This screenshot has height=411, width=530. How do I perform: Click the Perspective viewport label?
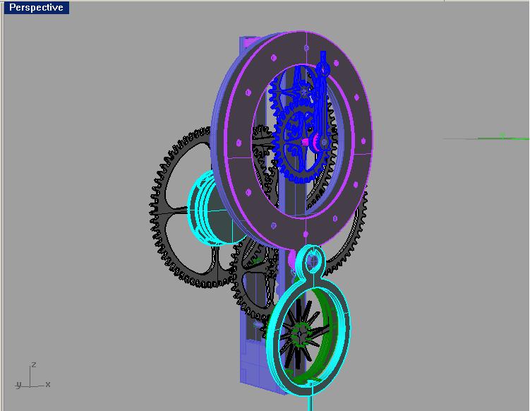[x=35, y=8]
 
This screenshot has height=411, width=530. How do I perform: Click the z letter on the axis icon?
[x=34, y=365]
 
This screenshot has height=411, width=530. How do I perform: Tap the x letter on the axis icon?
[x=47, y=384]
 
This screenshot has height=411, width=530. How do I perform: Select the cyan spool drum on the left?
[x=209, y=209]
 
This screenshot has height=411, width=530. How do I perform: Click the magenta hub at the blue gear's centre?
[x=306, y=141]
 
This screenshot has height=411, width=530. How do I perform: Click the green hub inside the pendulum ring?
[x=302, y=330]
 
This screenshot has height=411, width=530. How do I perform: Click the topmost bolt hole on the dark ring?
[x=306, y=48]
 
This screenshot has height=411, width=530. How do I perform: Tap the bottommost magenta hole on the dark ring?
[x=305, y=234]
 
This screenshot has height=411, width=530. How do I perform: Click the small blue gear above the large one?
[x=303, y=92]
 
